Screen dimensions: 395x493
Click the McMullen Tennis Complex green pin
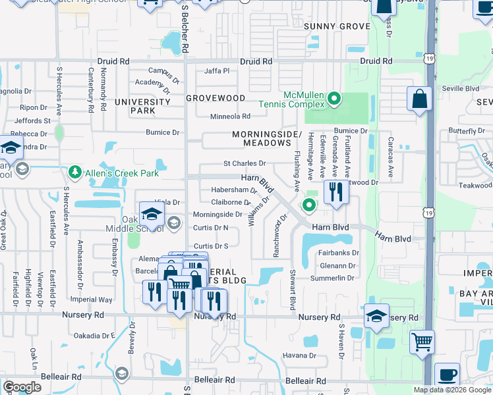pos(334,99)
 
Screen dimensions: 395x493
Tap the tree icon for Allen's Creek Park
pos(75,172)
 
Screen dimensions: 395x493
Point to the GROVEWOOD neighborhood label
pos(216,98)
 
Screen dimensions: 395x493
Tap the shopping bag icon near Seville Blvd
pos(419,100)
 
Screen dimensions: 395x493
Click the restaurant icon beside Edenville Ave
pos(337,192)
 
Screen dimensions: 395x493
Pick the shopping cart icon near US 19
pos(422,342)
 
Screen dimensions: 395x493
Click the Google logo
pos(22,387)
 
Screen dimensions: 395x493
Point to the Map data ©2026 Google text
pos(452,390)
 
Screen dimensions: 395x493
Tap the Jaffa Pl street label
pos(217,71)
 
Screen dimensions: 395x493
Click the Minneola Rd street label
pos(230,117)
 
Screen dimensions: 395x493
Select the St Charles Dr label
pos(245,163)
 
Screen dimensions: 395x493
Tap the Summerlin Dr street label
pos(337,278)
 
